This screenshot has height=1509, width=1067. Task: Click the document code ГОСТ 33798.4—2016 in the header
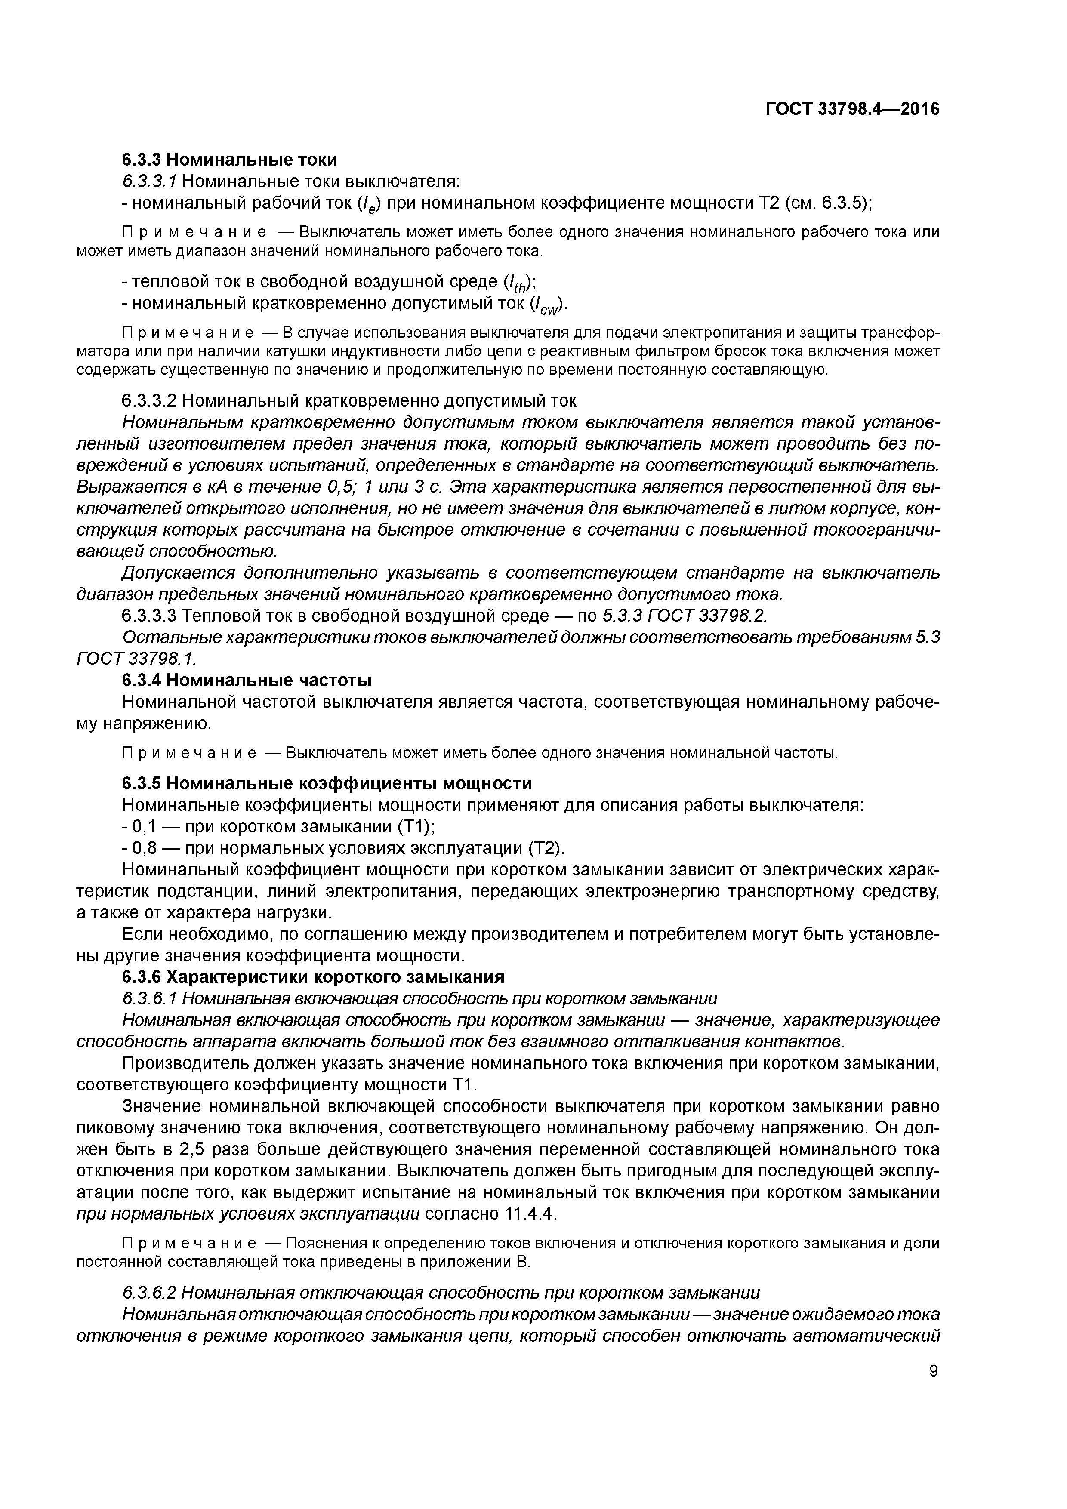852,110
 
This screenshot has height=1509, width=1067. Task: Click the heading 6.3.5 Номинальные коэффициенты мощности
327,783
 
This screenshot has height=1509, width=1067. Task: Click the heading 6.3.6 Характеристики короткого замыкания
313,976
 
